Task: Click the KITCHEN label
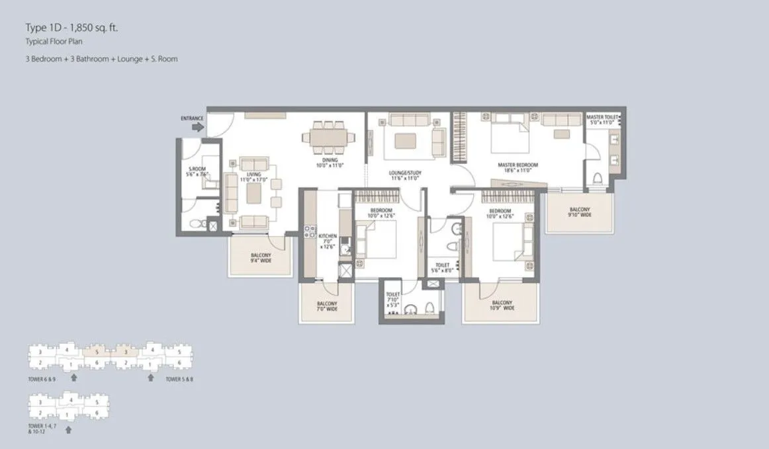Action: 328,241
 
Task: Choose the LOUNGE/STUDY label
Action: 405,175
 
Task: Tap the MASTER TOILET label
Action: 602,119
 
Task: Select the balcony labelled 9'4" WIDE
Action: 260,258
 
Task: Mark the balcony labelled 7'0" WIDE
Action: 328,305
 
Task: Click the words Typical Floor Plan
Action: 50,42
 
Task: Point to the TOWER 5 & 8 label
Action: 179,380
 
